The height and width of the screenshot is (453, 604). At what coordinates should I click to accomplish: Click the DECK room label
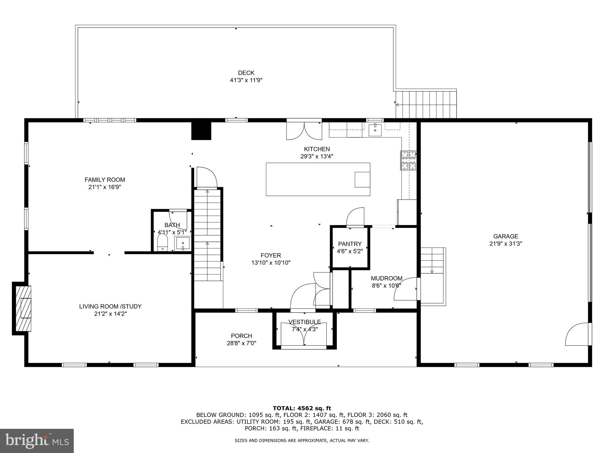click(246, 73)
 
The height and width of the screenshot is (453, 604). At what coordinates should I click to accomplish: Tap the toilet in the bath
click(163, 242)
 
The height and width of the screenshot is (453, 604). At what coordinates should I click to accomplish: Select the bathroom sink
click(183, 244)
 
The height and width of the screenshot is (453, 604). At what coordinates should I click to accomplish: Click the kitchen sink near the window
click(375, 130)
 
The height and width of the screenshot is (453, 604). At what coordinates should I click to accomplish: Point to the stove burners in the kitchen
click(408, 160)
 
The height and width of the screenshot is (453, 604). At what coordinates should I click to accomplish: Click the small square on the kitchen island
click(362, 180)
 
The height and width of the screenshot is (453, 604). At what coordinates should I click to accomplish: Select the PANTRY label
click(350, 244)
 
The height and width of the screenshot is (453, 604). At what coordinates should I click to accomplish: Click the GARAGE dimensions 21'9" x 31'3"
click(505, 244)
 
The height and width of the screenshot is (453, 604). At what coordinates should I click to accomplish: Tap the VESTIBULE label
click(304, 322)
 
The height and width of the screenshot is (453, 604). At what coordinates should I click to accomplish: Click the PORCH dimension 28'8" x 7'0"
click(241, 343)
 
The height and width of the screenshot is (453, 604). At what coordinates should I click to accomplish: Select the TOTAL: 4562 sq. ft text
click(302, 408)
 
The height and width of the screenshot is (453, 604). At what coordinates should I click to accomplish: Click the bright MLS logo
click(37, 441)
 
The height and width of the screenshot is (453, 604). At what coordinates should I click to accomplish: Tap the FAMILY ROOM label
click(105, 180)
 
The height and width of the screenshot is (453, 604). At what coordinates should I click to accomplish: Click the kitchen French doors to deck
click(304, 131)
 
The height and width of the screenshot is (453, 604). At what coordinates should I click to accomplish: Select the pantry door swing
click(356, 217)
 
